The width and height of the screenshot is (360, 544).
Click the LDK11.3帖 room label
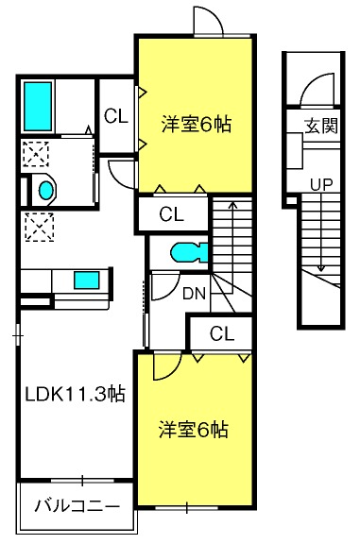[75, 394]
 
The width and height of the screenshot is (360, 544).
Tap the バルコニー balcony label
[77, 506]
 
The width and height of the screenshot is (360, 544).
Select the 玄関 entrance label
[321, 126]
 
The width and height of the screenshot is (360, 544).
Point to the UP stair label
[321, 184]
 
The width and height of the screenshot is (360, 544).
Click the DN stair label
[195, 294]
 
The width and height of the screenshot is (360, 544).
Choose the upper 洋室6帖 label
[197, 125]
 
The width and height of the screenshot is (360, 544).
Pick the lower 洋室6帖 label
[194, 430]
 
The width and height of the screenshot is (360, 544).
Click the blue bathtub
[38, 106]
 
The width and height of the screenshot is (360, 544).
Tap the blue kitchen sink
[86, 280]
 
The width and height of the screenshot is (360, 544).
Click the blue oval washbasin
[45, 191]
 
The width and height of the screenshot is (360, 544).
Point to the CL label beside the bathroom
[116, 116]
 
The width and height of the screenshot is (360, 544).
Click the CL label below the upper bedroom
[171, 214]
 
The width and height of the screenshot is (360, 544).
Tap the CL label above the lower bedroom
[222, 333]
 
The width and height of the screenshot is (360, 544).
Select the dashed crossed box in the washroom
[36, 154]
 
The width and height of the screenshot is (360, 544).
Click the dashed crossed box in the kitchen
[40, 227]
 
